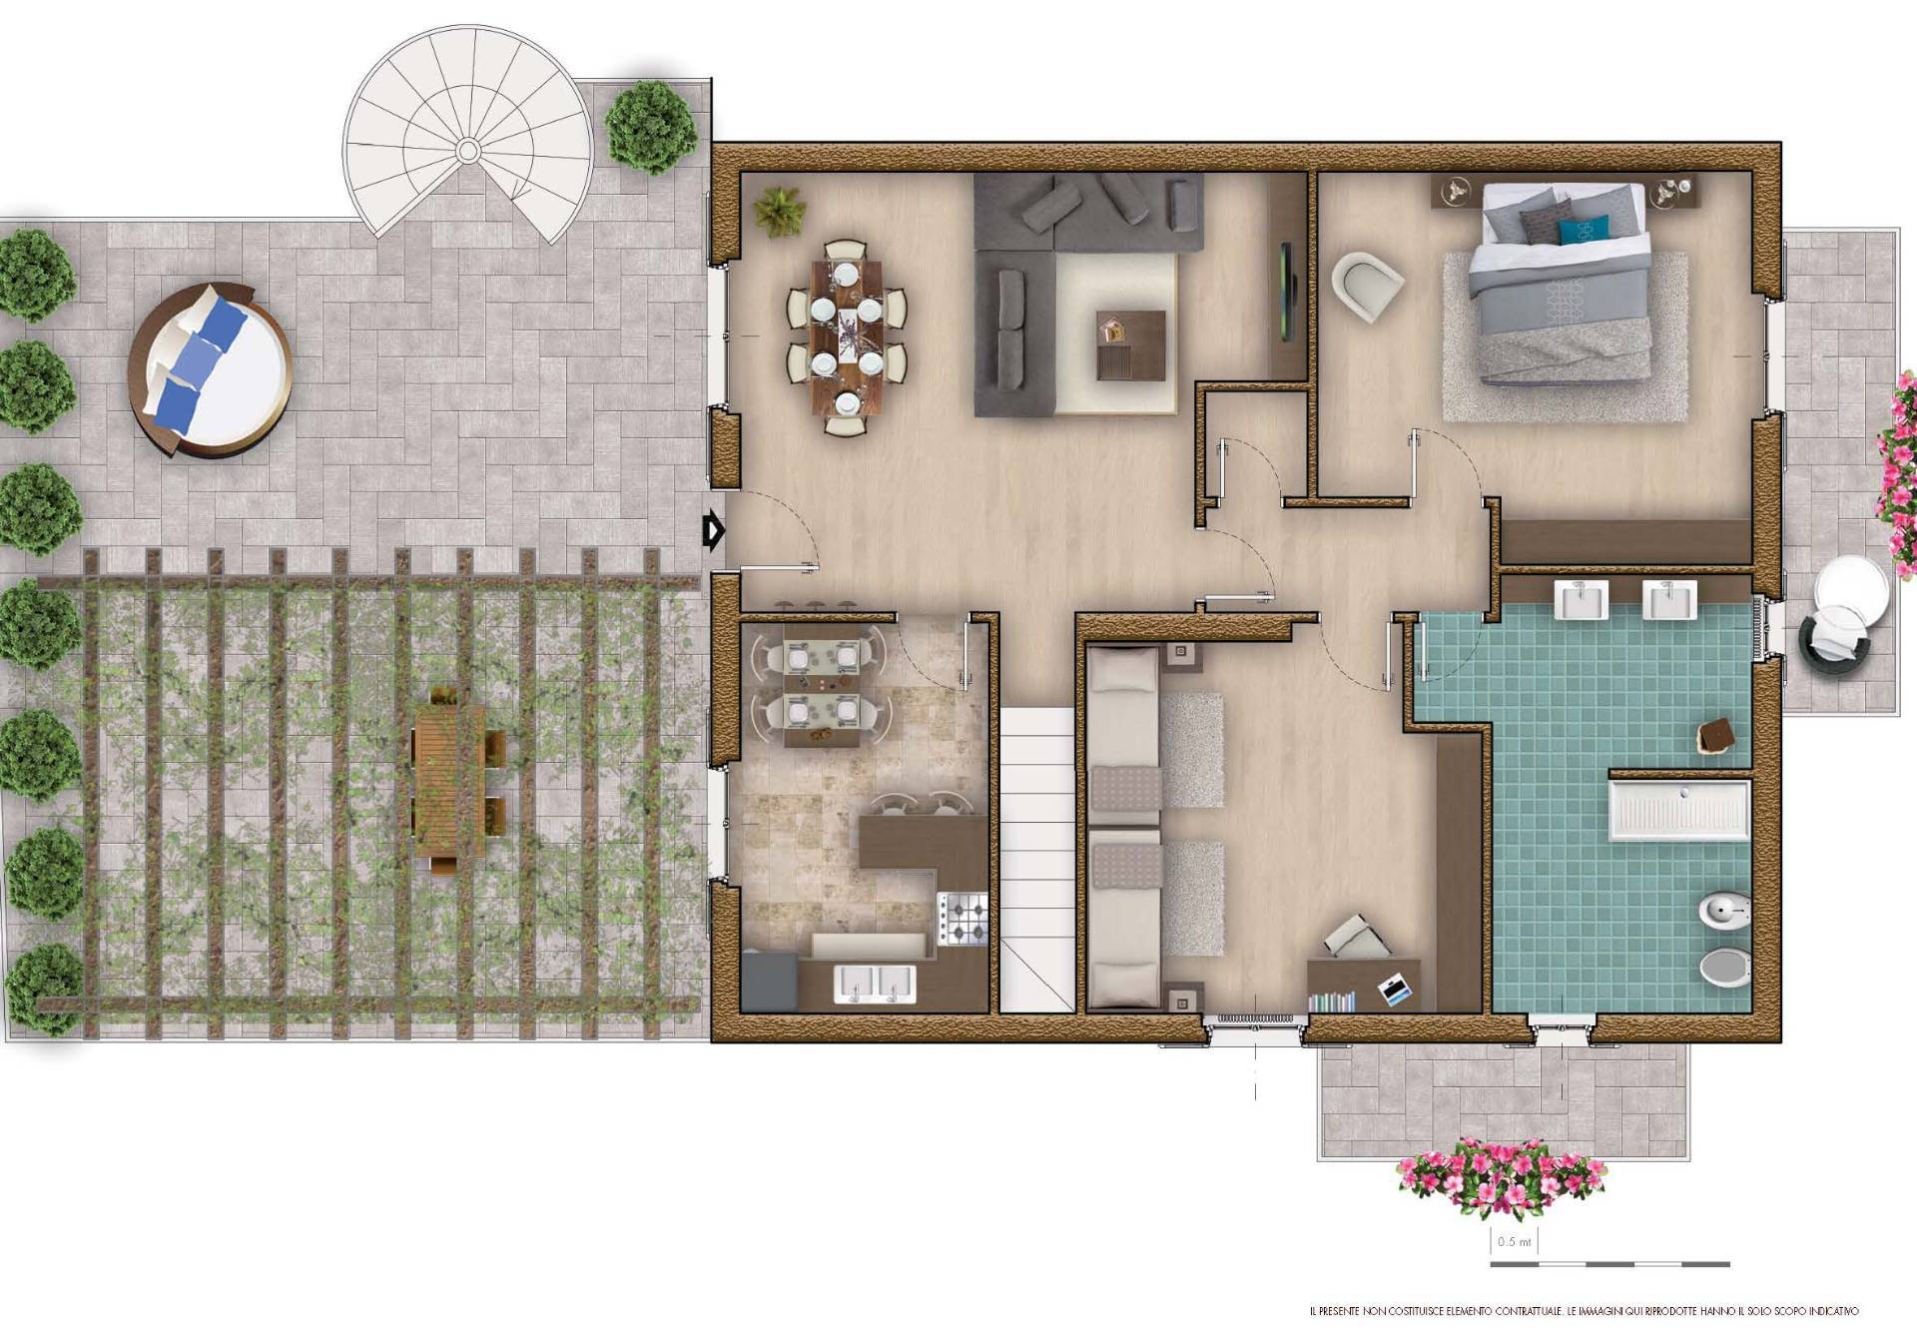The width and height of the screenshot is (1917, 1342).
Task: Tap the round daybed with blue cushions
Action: tap(210, 369)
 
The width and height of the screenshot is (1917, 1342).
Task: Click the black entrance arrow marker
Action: tap(713, 531)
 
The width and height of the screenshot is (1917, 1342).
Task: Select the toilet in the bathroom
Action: tap(1724, 967)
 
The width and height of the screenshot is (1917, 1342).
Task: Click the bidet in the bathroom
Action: tap(1724, 910)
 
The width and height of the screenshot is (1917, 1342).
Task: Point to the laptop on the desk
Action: tap(1396, 989)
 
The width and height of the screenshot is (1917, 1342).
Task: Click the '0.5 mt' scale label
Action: tap(1514, 1242)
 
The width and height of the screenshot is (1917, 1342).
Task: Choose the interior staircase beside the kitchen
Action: tap(1037, 860)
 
